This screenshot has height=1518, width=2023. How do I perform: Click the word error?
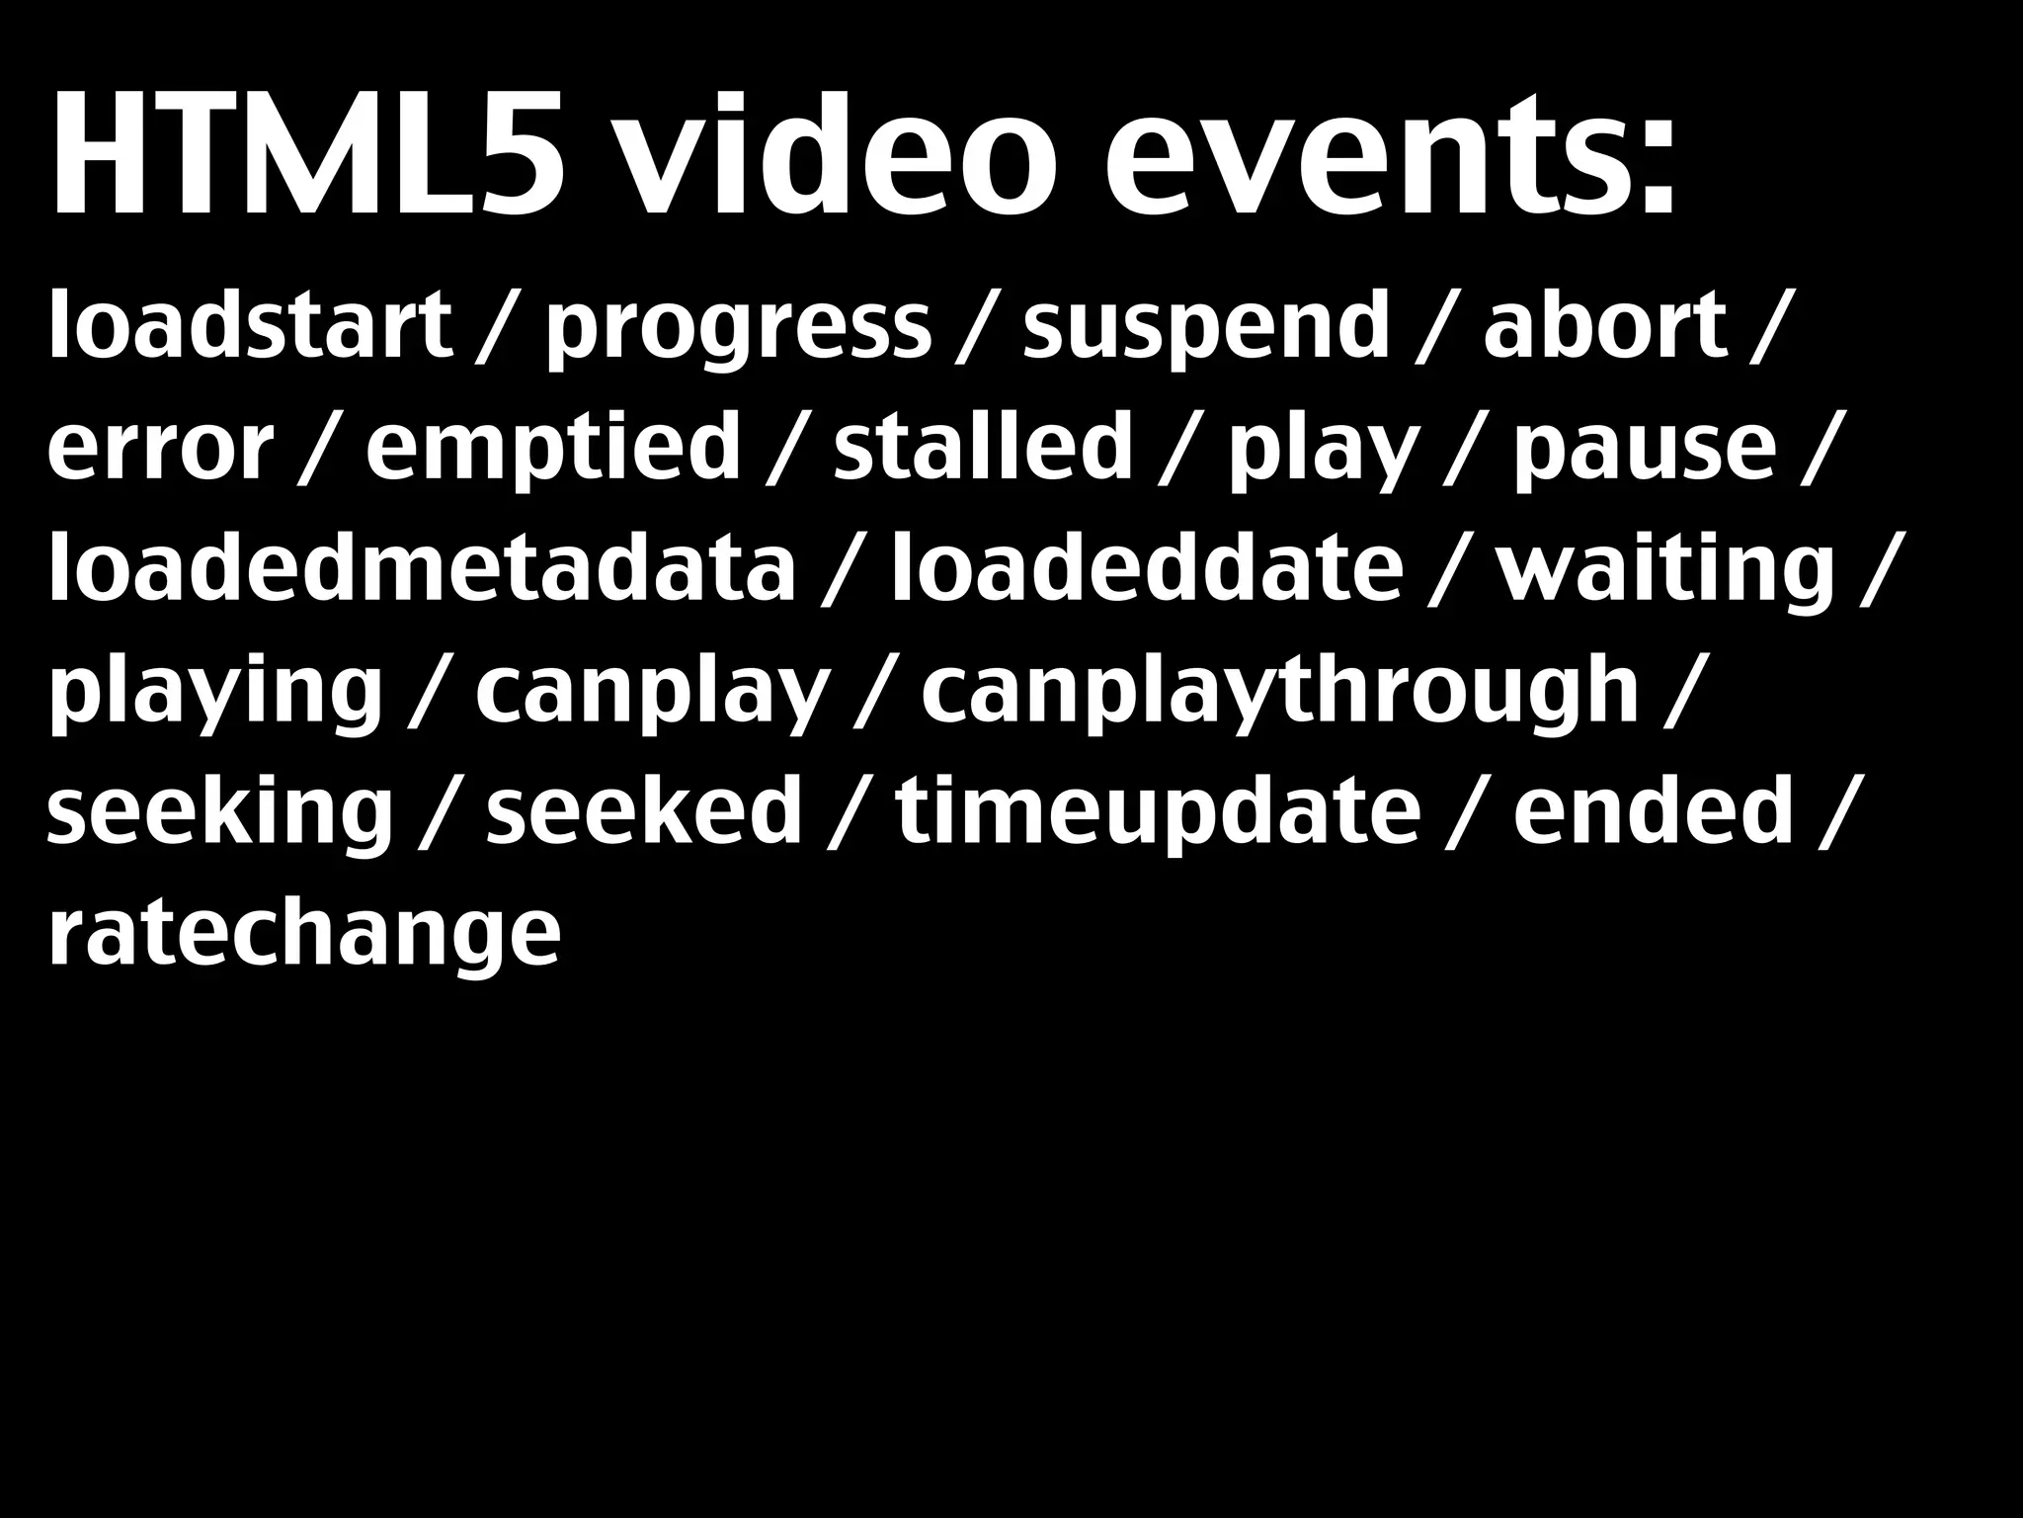point(160,450)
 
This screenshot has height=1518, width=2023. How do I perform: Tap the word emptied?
point(553,450)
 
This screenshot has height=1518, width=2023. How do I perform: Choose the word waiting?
point(1665,571)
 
